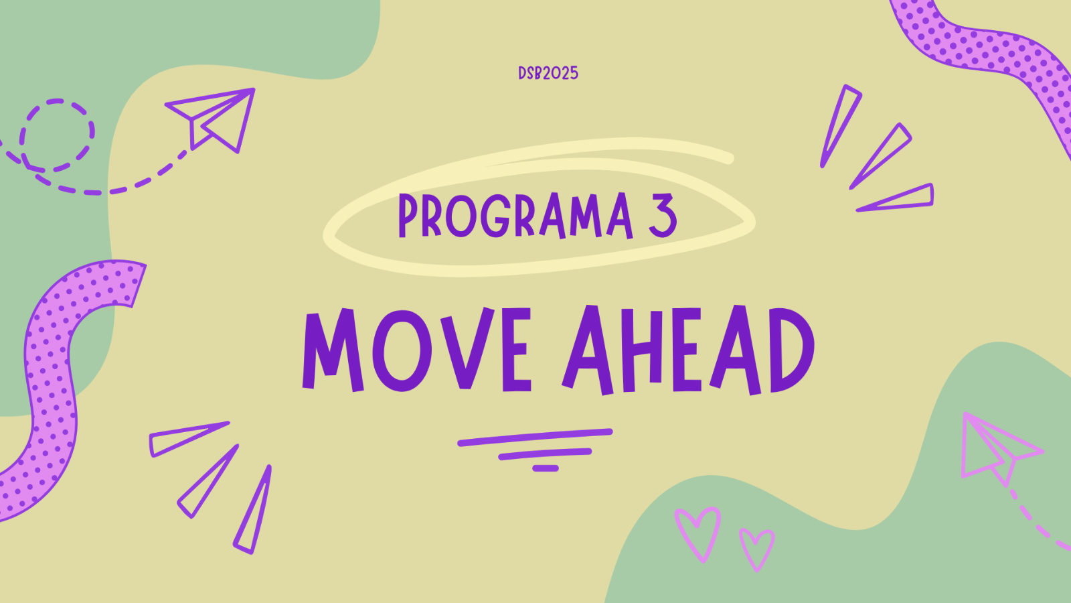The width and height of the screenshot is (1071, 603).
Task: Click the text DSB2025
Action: (548, 73)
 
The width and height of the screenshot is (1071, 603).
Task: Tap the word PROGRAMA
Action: (516, 215)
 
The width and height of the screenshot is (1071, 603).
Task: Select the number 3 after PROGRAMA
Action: (663, 215)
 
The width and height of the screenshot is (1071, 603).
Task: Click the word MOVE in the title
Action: (417, 350)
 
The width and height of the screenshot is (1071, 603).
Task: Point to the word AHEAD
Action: (688, 350)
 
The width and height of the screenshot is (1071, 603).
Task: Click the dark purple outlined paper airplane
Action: (210, 120)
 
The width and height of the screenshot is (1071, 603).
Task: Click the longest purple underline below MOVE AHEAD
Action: (535, 438)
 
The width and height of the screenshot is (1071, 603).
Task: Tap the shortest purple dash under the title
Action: (546, 468)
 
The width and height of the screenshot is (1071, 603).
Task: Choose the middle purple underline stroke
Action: (545, 454)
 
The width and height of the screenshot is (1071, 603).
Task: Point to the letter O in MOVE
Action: (402, 351)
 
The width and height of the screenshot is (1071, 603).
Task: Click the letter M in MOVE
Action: (333, 351)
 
